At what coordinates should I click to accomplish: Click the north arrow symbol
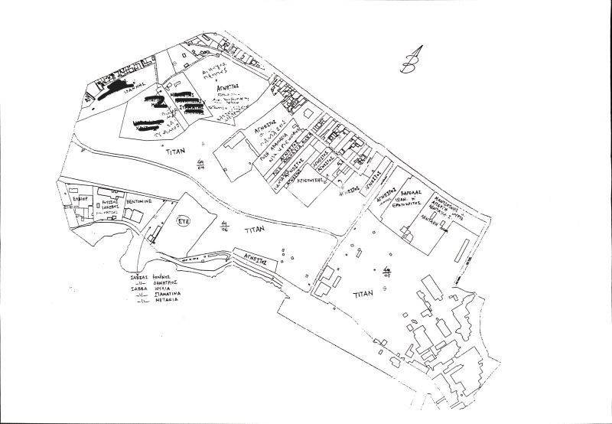[412, 60]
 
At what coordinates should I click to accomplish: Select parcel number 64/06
[224, 224]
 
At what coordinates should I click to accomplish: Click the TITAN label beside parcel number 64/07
[363, 294]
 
